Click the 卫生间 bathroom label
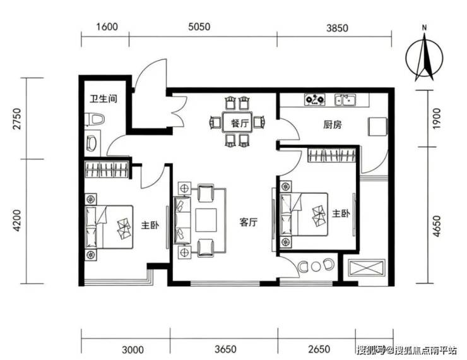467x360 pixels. pyautogui.click(x=103, y=99)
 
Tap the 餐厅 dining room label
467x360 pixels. pyautogui.click(x=240, y=123)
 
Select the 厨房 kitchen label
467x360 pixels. pyautogui.click(x=333, y=124)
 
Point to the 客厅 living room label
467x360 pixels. pyautogui.click(x=249, y=222)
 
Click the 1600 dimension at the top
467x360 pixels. pyautogui.click(x=107, y=27)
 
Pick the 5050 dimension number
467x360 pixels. pyautogui.click(x=199, y=27)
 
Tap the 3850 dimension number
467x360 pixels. pyautogui.click(x=337, y=28)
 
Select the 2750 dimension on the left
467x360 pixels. pyautogui.click(x=18, y=119)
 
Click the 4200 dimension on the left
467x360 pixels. pyautogui.click(x=18, y=221)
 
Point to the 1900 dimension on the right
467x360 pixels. pyautogui.click(x=436, y=119)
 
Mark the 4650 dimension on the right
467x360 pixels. pyautogui.click(x=436, y=227)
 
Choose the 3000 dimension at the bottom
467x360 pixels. pyautogui.click(x=133, y=349)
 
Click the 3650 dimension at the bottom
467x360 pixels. pyautogui.click(x=225, y=349)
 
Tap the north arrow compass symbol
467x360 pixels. pyautogui.click(x=425, y=57)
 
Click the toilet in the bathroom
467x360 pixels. pyautogui.click(x=95, y=120)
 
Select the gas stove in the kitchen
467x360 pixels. pyautogui.click(x=315, y=99)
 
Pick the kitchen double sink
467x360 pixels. pyautogui.click(x=345, y=100)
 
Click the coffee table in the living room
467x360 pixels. pyautogui.click(x=206, y=220)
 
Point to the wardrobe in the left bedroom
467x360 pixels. pyautogui.click(x=107, y=169)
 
